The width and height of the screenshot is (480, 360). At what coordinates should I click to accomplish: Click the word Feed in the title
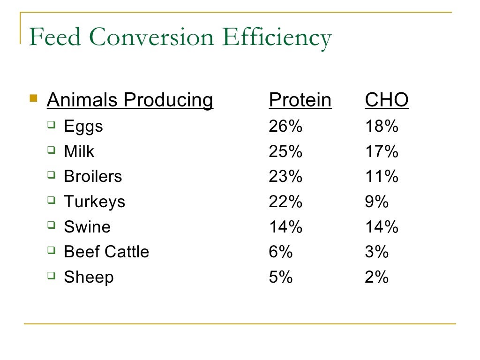click(55, 37)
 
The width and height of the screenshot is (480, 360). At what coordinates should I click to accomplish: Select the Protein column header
click(300, 100)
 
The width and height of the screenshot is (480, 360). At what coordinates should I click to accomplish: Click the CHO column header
click(387, 100)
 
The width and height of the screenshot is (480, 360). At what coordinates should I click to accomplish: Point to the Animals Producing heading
click(130, 100)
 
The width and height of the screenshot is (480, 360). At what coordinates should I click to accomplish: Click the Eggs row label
click(83, 127)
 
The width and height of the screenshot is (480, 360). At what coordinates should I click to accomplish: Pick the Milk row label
click(79, 151)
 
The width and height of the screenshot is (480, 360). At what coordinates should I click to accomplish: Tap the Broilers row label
click(93, 177)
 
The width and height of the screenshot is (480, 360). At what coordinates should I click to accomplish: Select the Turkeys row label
click(95, 202)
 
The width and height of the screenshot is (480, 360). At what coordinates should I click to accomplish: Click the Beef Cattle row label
click(106, 252)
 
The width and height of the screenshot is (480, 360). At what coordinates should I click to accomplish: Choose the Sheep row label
click(89, 277)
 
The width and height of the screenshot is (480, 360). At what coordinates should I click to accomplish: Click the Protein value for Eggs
click(285, 127)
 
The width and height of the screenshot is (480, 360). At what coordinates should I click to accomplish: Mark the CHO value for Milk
click(382, 151)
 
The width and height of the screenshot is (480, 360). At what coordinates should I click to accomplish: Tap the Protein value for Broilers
click(285, 177)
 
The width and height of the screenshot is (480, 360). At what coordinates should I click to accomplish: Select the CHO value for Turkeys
click(377, 202)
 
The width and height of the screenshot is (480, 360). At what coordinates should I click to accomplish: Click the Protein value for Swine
click(285, 227)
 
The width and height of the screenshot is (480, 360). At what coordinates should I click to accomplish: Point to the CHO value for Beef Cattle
click(377, 252)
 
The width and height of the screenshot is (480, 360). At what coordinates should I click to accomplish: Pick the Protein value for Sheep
click(281, 277)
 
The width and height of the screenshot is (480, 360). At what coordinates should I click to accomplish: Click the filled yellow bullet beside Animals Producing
click(33, 98)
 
